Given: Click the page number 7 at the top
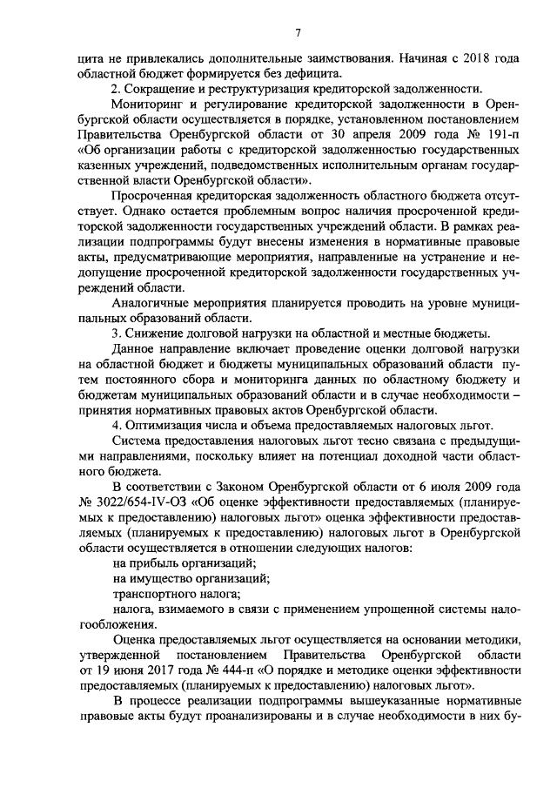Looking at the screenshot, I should tap(297, 34).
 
